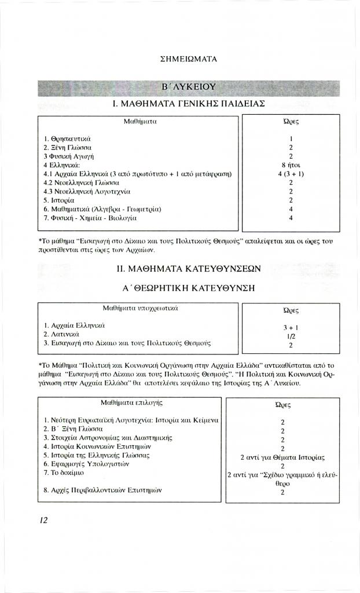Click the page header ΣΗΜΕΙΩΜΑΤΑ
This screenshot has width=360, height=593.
188,59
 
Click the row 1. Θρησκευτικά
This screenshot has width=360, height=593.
68,139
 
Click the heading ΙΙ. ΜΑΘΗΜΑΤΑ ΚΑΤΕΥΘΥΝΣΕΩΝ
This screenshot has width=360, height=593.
189,269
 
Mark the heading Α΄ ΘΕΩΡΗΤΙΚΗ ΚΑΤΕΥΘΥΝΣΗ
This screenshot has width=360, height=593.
189,288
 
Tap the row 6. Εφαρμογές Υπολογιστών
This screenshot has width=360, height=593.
86,464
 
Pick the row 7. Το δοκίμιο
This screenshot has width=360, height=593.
65,474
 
